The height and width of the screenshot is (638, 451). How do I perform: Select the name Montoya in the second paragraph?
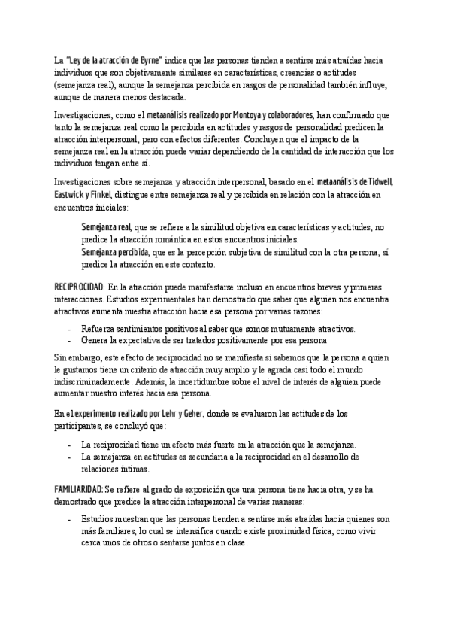click(x=243, y=116)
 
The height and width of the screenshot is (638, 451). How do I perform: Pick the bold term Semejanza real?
click(x=106, y=227)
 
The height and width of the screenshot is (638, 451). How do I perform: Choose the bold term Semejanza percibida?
click(x=115, y=252)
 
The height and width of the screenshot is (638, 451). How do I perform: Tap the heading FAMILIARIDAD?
click(x=79, y=489)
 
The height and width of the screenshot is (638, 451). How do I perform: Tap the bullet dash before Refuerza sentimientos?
click(x=69, y=329)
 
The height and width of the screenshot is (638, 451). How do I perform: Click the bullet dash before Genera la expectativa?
click(x=69, y=341)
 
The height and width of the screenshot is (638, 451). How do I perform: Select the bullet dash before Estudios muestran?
click(x=69, y=520)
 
